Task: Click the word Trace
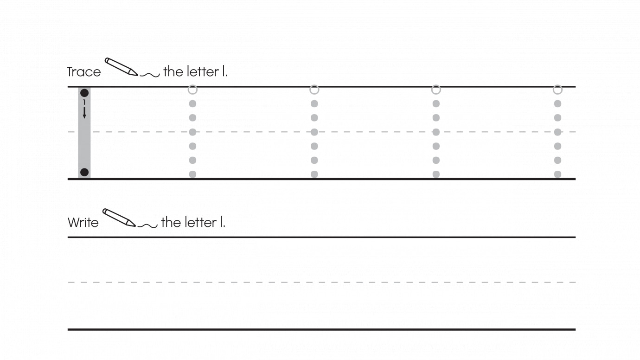84,72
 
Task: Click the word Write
83,222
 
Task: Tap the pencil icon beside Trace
121,67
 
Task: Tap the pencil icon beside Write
119,218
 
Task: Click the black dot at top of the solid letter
84,93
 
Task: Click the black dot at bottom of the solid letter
84,172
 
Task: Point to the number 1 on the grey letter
84,102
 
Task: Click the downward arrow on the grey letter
84,113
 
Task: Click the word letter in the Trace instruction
203,71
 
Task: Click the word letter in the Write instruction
200,222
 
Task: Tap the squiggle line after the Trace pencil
150,75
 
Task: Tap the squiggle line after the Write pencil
147,226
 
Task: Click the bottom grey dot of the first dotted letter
192,174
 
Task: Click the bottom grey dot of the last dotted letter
558,174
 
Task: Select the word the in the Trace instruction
173,71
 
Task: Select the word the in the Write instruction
171,222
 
